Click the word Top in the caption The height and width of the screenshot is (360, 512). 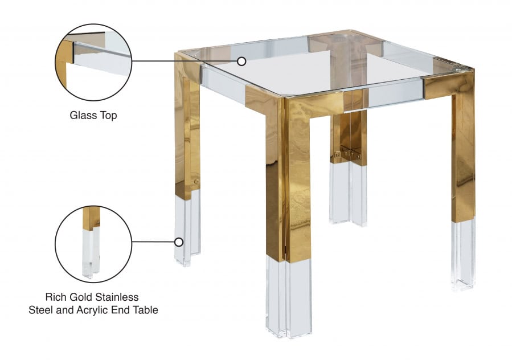click(108, 116)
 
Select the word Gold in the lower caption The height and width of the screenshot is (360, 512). click(84, 297)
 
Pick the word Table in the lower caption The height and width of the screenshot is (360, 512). click(145, 310)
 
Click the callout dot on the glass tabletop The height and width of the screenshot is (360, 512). click(241, 61)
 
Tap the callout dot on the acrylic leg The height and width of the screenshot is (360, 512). click(179, 242)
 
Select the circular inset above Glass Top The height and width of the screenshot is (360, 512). click(93, 61)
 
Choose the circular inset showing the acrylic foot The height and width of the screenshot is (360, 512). click(93, 243)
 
